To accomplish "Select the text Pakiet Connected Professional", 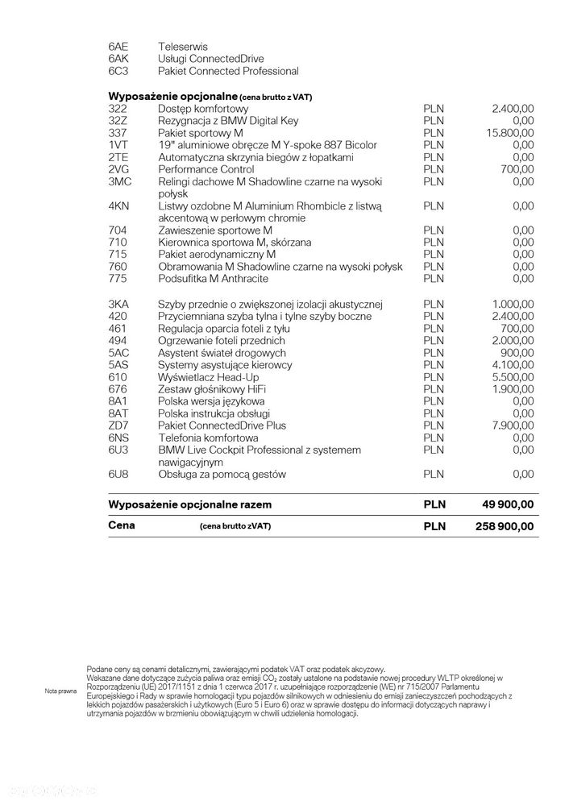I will [x=228, y=71].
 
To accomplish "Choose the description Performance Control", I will [x=206, y=169].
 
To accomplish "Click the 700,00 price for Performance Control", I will [x=517, y=169].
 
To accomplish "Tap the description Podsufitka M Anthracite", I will [x=214, y=279].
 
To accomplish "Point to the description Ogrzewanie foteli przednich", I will [x=222, y=341].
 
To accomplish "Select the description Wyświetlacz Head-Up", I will [x=209, y=377].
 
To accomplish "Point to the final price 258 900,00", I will [x=500, y=526].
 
